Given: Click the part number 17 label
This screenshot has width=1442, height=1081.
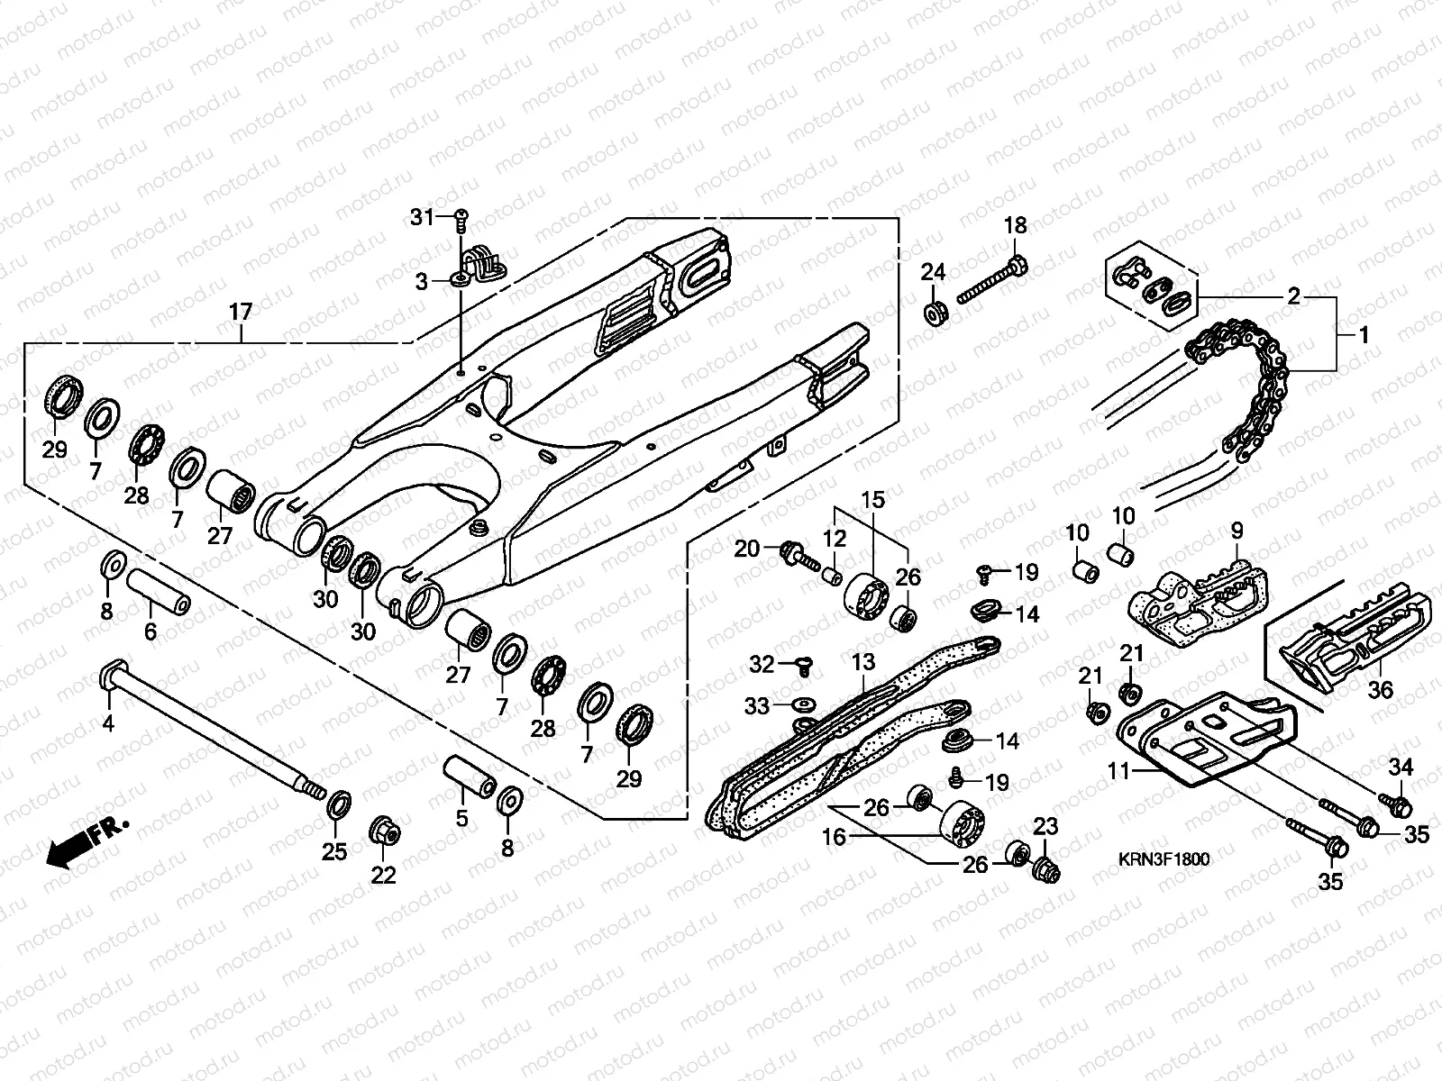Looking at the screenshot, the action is point(241,312).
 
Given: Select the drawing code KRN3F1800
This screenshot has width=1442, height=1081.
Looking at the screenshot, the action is point(1164,859).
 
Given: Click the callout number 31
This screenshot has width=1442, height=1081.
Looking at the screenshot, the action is point(422,217).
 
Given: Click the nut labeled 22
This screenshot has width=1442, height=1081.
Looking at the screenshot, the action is point(385,833).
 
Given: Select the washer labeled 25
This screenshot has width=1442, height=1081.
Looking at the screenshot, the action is point(339,805).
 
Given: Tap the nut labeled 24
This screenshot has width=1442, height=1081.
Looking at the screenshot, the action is point(935,313).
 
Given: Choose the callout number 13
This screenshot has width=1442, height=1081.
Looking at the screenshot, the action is point(863,662).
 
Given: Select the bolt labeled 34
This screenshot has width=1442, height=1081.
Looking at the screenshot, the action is point(1395,804).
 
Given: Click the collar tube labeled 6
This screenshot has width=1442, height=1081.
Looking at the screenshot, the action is point(159,591).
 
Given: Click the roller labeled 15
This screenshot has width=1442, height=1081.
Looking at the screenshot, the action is point(866,596).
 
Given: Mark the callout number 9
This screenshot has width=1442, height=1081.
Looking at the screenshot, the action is point(1237,531).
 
